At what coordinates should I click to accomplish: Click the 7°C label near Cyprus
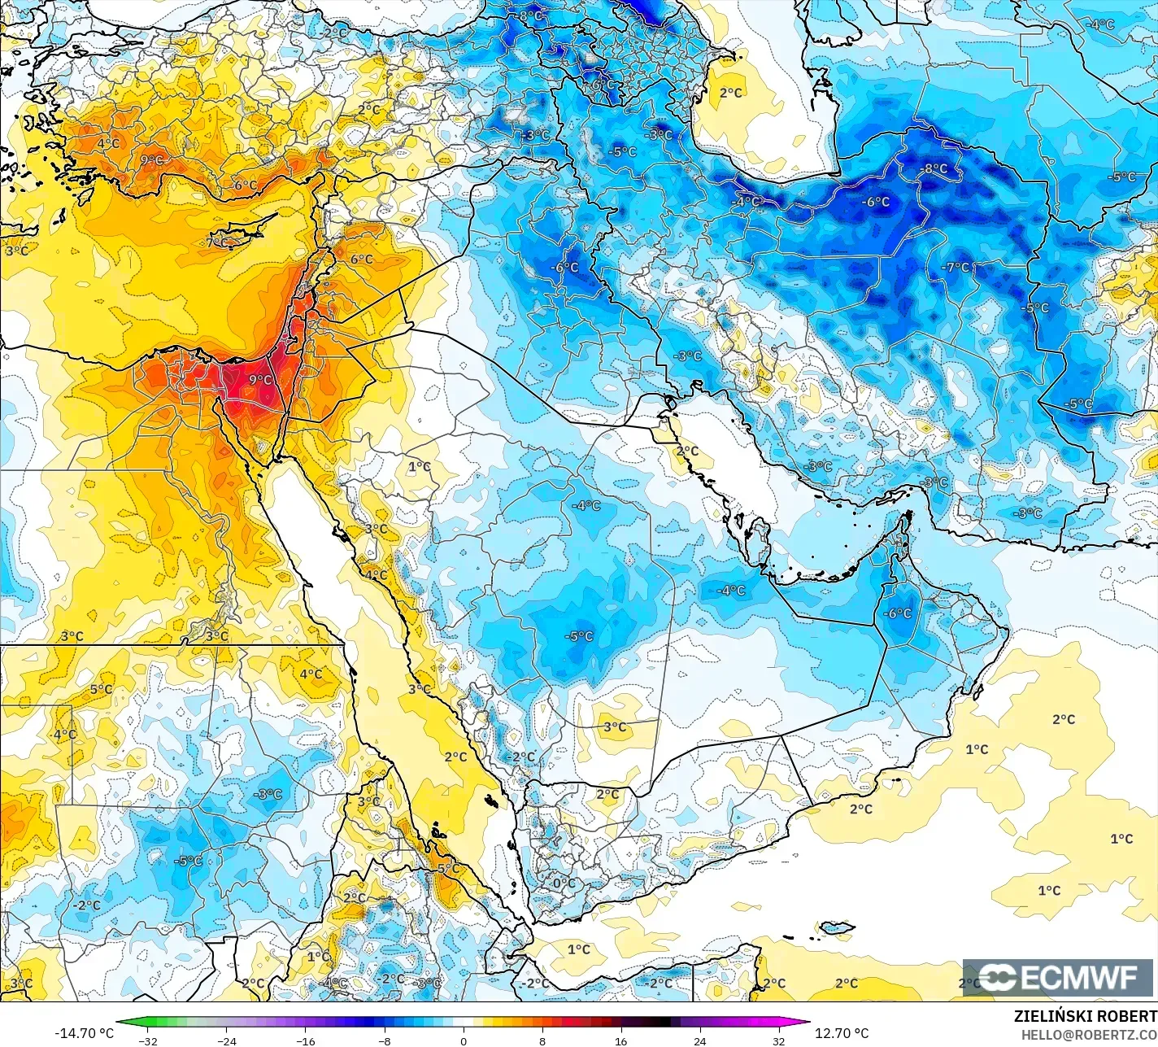coord(217,242)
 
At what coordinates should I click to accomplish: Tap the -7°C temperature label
coord(956,267)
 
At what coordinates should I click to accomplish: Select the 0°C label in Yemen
coord(564,883)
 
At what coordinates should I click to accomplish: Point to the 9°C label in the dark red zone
coord(260,380)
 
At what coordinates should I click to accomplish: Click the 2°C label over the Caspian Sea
coord(731,93)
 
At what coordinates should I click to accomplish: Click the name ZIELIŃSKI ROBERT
coord(1085,1016)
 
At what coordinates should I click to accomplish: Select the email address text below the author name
coord(1089,1034)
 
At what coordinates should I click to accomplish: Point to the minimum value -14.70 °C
coord(85,1033)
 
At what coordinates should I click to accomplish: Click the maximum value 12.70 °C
coord(842,1033)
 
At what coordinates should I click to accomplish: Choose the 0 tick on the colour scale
coord(464,1040)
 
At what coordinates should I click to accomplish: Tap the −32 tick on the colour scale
coord(148,1040)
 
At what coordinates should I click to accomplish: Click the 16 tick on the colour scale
coord(621,1040)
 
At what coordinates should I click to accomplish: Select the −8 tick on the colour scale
coord(385,1040)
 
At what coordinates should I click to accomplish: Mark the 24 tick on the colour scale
coord(700,1040)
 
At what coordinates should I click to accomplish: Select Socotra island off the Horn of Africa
coord(837,927)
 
